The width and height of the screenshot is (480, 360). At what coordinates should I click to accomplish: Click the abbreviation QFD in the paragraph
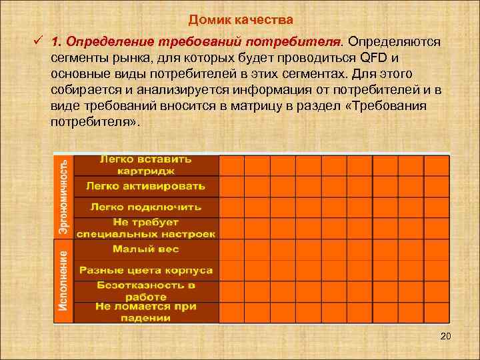pyautogui.click(x=375, y=58)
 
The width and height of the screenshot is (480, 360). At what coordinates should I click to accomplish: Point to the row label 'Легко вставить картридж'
pyautogui.click(x=146, y=165)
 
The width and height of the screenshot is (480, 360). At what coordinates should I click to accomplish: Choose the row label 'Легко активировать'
pyautogui.click(x=146, y=185)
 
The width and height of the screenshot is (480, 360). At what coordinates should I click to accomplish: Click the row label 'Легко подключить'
pyautogui.click(x=146, y=207)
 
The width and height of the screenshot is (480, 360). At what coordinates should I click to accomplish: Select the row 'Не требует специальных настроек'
pyautogui.click(x=146, y=228)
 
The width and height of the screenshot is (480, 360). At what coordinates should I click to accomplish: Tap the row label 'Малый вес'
pyautogui.click(x=146, y=249)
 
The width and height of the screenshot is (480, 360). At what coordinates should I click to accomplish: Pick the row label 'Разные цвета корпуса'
pyautogui.click(x=146, y=270)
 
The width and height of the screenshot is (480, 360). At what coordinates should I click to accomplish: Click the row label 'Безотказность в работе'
pyautogui.click(x=146, y=291)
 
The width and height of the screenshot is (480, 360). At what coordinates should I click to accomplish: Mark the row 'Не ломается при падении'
pyautogui.click(x=146, y=312)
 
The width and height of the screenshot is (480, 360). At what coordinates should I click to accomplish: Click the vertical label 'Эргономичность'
pyautogui.click(x=63, y=195)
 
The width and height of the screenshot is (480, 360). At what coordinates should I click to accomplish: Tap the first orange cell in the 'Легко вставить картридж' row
pyautogui.click(x=231, y=165)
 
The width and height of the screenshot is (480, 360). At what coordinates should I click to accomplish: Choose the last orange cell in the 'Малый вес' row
pyautogui.click(x=437, y=249)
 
